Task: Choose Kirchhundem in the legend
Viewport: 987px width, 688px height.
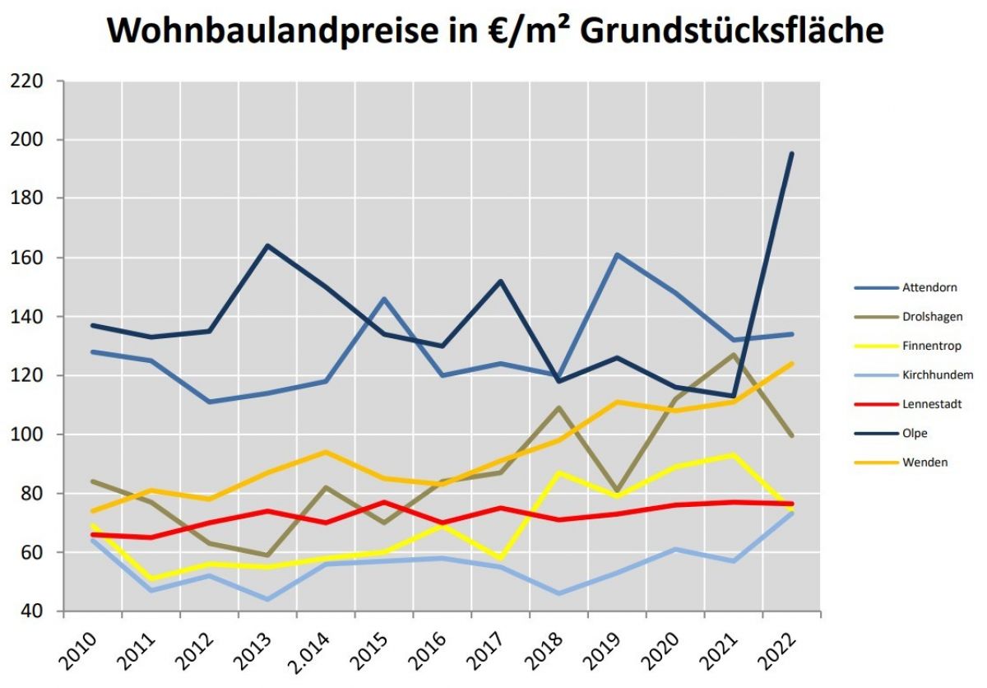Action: tap(937, 375)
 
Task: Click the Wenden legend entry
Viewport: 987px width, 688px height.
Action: tap(926, 462)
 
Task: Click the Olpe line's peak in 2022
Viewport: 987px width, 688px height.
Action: tap(791, 154)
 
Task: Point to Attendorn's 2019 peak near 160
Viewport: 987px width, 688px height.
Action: tap(617, 254)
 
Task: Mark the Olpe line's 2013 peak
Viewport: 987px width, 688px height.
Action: tap(267, 245)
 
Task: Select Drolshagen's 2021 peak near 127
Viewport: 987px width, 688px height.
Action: tap(733, 355)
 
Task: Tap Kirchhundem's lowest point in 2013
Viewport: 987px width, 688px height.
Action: tap(267, 599)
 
